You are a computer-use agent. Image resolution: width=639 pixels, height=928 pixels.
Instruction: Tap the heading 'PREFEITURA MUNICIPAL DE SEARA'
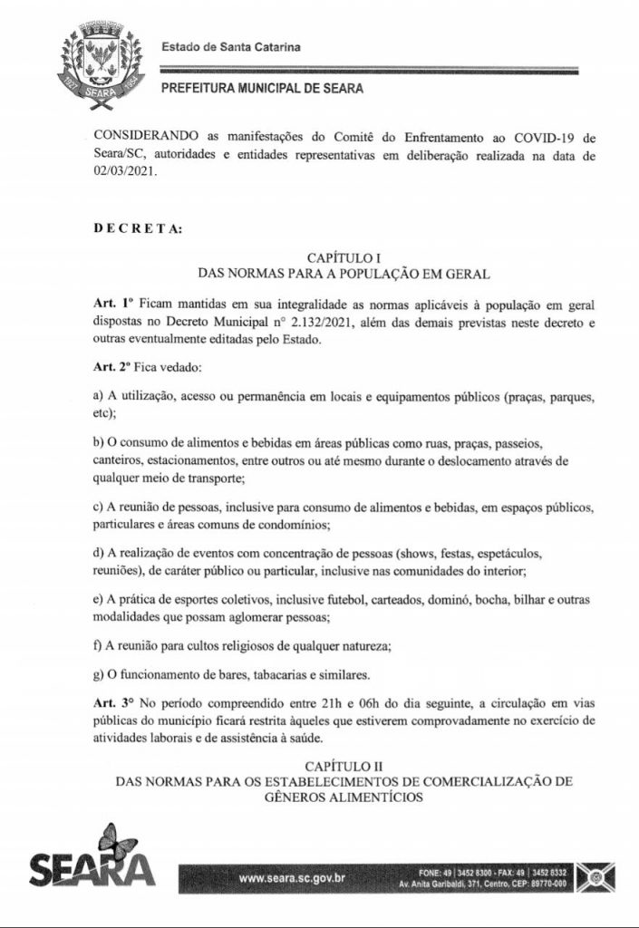[x=263, y=89]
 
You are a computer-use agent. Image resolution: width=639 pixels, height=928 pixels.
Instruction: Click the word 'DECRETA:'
[x=138, y=229]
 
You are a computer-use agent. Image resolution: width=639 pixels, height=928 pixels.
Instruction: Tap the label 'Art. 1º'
[x=112, y=306]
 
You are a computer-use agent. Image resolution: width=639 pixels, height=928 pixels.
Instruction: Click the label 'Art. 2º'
[x=112, y=369]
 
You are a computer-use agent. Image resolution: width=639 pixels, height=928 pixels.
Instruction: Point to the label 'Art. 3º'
[x=112, y=704]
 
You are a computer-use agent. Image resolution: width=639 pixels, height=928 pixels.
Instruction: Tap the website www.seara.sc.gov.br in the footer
[x=290, y=878]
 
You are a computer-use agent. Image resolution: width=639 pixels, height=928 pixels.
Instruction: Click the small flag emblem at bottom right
[x=599, y=876]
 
